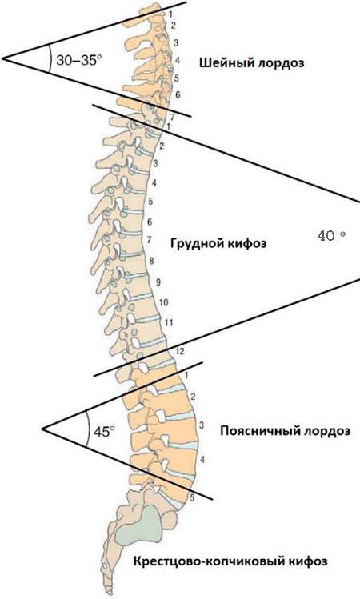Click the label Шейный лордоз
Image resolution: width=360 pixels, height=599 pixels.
[251, 62]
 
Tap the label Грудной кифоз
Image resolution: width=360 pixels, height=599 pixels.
[218, 243]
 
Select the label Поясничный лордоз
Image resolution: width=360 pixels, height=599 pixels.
[285, 431]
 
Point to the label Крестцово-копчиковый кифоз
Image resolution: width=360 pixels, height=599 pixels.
[230, 561]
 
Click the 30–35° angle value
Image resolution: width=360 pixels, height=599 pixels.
[79, 60]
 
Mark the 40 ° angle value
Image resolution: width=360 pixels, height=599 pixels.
[331, 235]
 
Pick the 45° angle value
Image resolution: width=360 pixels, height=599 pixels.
[104, 432]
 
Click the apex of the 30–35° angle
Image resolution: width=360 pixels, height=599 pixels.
[2, 58]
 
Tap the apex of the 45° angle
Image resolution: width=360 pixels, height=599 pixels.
[42, 428]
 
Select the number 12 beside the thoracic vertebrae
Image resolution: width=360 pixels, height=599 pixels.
[179, 351]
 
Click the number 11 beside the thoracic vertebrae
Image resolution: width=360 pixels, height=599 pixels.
[169, 323]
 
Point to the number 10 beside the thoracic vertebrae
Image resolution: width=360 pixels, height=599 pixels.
[163, 302]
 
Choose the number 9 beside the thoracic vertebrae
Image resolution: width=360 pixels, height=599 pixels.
[158, 282]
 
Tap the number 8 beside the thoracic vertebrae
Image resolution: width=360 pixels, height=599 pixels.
[151, 262]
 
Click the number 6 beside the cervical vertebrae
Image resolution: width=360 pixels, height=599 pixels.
[178, 94]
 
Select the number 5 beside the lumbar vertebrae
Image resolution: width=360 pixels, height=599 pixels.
[192, 497]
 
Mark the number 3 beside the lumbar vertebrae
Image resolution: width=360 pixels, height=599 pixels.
[202, 425]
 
